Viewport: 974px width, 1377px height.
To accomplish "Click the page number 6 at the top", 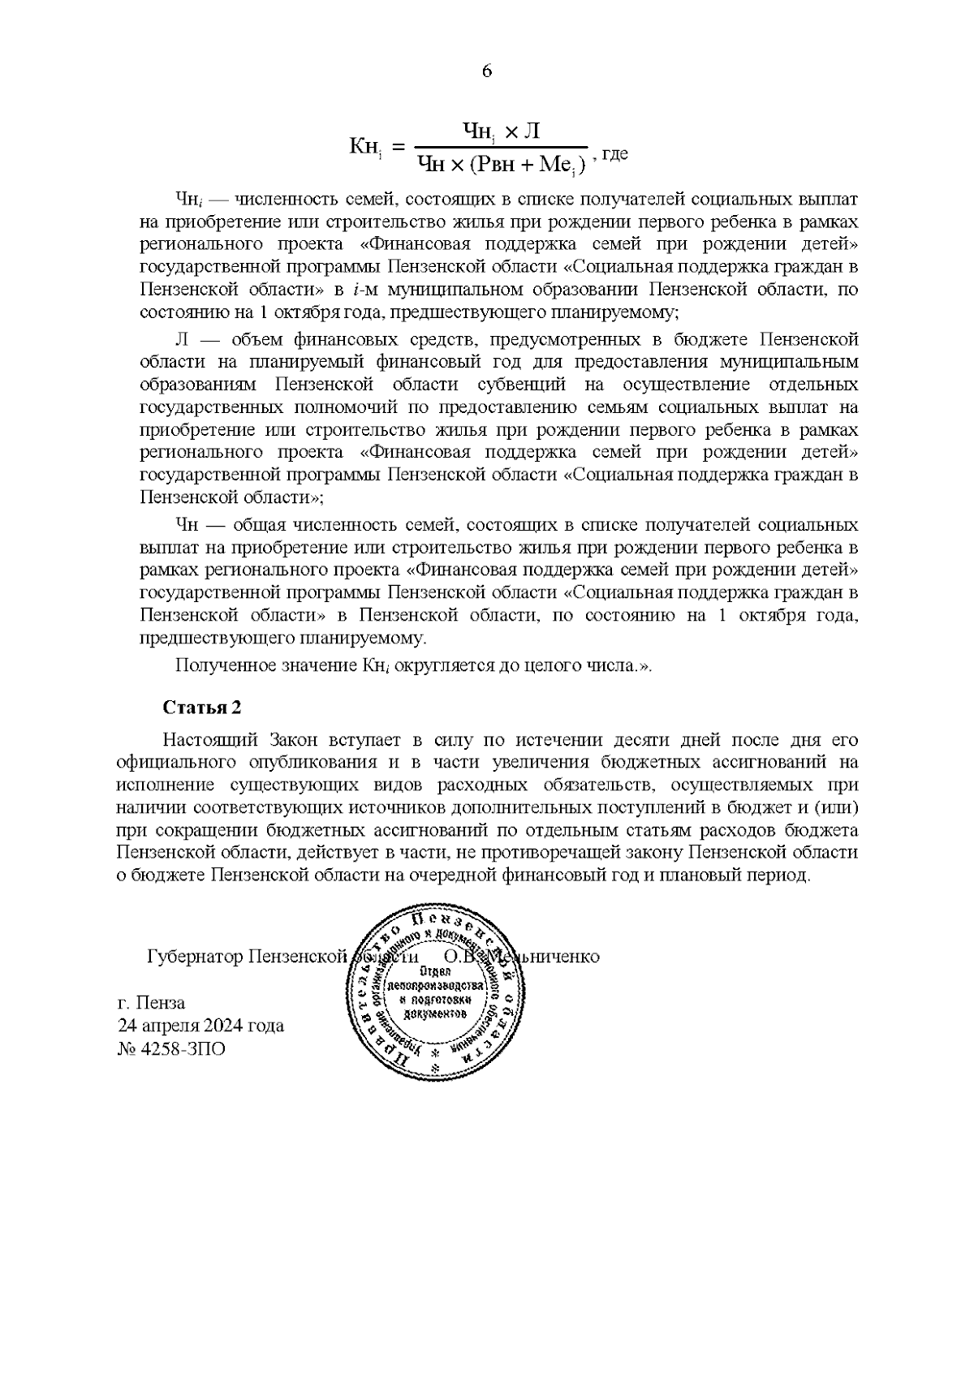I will [487, 71].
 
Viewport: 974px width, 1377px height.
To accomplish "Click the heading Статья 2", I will [202, 707].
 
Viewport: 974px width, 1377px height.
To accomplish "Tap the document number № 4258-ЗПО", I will [171, 1048].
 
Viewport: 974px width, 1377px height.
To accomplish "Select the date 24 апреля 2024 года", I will [200, 1025].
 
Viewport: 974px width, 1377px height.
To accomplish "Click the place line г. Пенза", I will [151, 1001].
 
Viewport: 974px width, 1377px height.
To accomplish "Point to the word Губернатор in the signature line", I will [195, 957].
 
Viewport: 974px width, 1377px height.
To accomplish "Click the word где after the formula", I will [615, 153].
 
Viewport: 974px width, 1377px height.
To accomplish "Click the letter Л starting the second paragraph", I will [181, 338].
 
